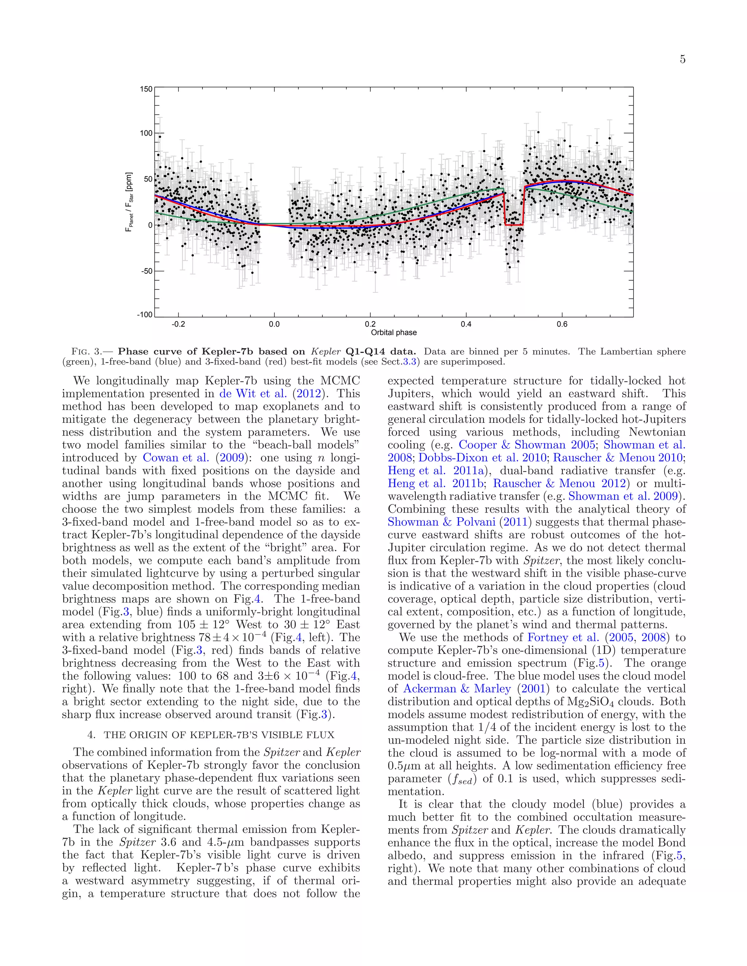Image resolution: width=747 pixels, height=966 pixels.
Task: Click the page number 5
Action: pyautogui.click(x=682, y=59)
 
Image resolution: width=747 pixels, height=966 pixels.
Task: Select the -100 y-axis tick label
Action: pyautogui.click(x=145, y=315)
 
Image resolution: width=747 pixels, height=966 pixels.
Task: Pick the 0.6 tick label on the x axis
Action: pyautogui.click(x=562, y=324)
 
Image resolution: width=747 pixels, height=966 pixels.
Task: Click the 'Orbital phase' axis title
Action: pyautogui.click(x=394, y=332)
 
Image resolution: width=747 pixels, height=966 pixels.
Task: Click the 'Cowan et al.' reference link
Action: pyautogui.click(x=176, y=458)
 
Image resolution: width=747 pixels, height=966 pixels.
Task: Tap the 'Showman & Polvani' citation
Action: pyautogui.click(x=442, y=522)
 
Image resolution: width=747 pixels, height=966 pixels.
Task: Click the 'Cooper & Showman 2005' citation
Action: pyautogui.click(x=527, y=445)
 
